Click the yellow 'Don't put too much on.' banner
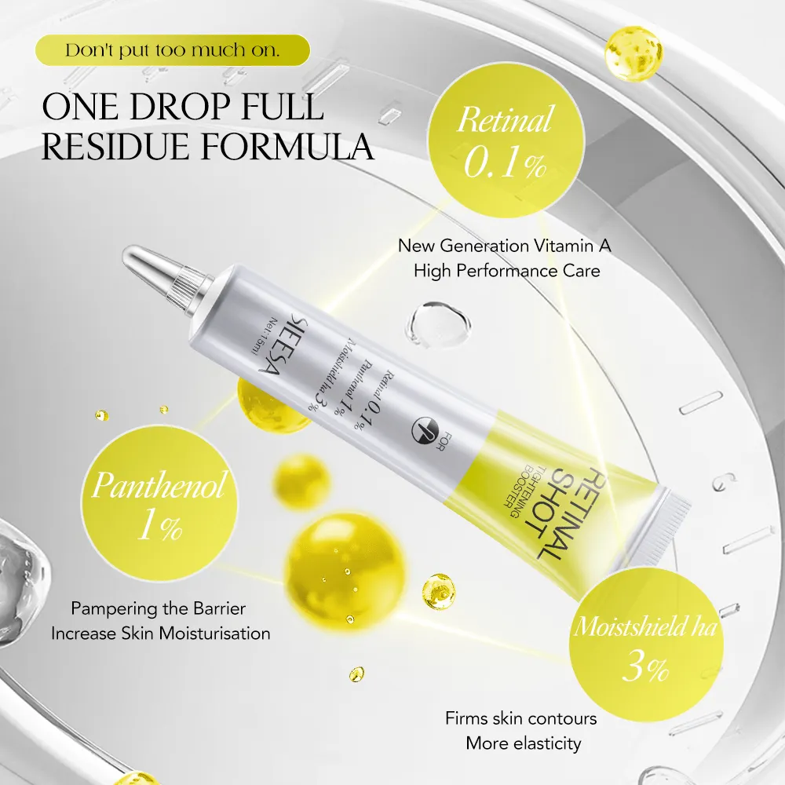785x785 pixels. (173, 50)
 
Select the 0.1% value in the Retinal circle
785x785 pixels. (505, 162)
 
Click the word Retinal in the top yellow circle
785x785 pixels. (506, 119)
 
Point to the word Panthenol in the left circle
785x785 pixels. (159, 484)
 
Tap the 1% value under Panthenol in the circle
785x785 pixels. (159, 526)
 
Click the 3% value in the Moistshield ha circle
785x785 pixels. (645, 667)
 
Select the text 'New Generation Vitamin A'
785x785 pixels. (505, 246)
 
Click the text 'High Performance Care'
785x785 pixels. (506, 271)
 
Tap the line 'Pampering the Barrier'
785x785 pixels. (159, 608)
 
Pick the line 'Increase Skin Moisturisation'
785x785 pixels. (161, 633)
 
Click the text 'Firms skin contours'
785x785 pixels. (521, 718)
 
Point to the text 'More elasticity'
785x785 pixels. (523, 743)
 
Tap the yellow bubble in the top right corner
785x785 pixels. (633, 53)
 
